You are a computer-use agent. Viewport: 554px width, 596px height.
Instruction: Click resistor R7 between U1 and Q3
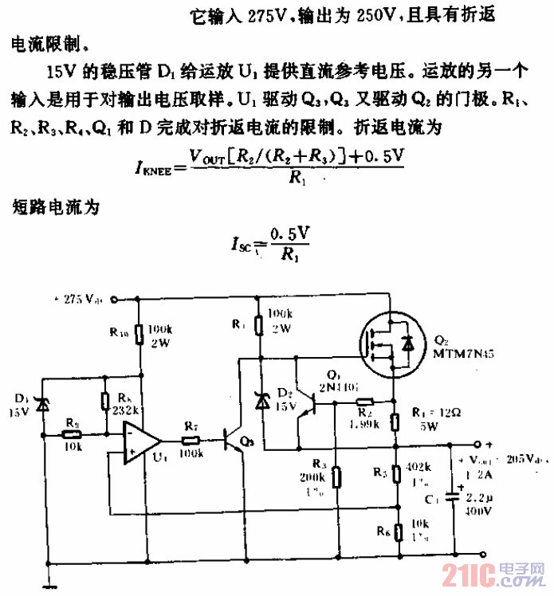tap(191, 440)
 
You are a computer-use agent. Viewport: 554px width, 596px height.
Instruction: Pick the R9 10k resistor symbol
tap(73, 435)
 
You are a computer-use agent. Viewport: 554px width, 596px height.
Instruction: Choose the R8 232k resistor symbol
tap(104, 402)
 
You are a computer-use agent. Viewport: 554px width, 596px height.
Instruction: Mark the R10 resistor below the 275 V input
tap(139, 334)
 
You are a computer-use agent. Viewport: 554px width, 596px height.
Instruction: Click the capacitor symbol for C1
tap(450, 496)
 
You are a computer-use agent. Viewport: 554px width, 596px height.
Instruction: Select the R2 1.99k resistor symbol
tap(365, 403)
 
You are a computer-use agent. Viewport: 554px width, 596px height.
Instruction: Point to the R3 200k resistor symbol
tap(336, 477)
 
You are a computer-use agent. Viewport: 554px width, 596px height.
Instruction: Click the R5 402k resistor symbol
tap(394, 472)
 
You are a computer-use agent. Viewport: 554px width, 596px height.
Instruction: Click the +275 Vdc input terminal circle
tap(114, 300)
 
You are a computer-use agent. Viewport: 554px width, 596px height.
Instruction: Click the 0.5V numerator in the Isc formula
tap(289, 236)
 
